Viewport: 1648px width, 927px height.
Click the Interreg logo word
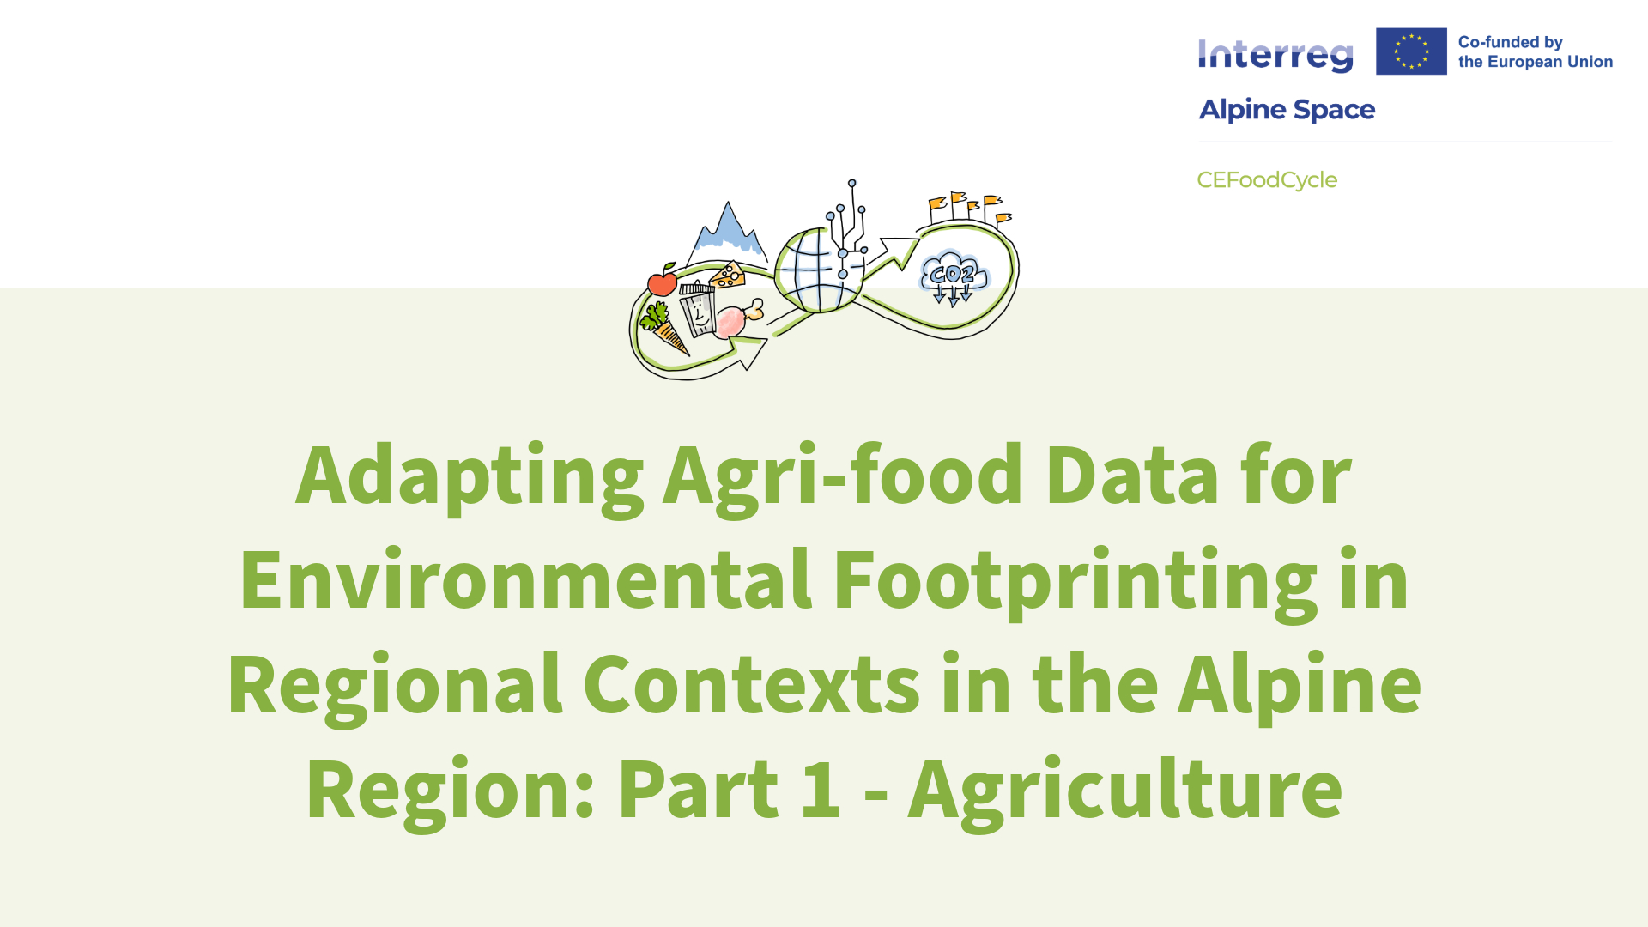point(1275,56)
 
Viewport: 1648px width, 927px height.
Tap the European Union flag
point(1411,51)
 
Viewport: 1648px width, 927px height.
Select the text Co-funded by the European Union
point(1536,51)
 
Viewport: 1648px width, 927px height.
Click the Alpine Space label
point(1287,110)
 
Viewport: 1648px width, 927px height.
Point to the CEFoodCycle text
point(1267,180)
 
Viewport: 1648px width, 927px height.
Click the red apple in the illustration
point(663,281)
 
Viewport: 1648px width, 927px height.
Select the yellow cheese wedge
point(727,275)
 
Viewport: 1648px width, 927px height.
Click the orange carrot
point(665,330)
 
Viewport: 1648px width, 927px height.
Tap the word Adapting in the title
point(470,478)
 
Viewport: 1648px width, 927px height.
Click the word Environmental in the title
point(525,580)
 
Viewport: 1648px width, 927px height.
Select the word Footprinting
point(1075,583)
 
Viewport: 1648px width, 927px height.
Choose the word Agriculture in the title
point(1125,792)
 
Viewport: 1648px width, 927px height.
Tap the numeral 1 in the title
point(821,790)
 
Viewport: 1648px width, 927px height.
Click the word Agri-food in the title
point(843,478)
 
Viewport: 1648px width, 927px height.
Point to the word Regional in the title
point(395,688)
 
